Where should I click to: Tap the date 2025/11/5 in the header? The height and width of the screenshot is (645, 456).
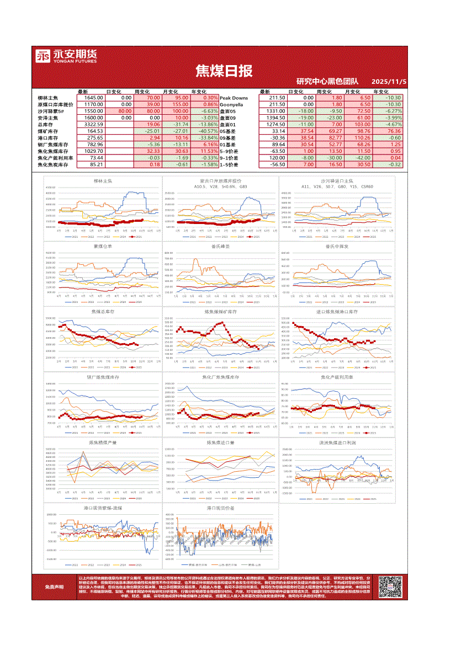pyautogui.click(x=389, y=82)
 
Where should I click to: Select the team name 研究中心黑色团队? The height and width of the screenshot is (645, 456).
pyautogui.click(x=327, y=82)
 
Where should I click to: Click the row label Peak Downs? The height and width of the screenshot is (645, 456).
pyautogui.click(x=234, y=98)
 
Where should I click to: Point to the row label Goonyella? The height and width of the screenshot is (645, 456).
pyautogui.click(x=232, y=104)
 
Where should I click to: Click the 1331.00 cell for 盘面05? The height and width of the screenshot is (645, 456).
pyautogui.click(x=274, y=111)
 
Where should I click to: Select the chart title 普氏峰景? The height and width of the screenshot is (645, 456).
pyautogui.click(x=220, y=246)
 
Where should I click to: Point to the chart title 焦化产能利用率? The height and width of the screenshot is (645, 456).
pyautogui.click(x=337, y=377)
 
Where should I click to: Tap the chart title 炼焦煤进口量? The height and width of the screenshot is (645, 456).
pyautogui.click(x=220, y=443)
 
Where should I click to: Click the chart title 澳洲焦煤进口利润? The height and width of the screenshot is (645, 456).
pyautogui.click(x=337, y=443)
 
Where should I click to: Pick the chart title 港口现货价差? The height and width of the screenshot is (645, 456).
pyautogui.click(x=220, y=508)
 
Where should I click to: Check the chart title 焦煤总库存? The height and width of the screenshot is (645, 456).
pyautogui.click(x=103, y=312)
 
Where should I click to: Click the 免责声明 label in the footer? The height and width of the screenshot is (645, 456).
pyautogui.click(x=54, y=587)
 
